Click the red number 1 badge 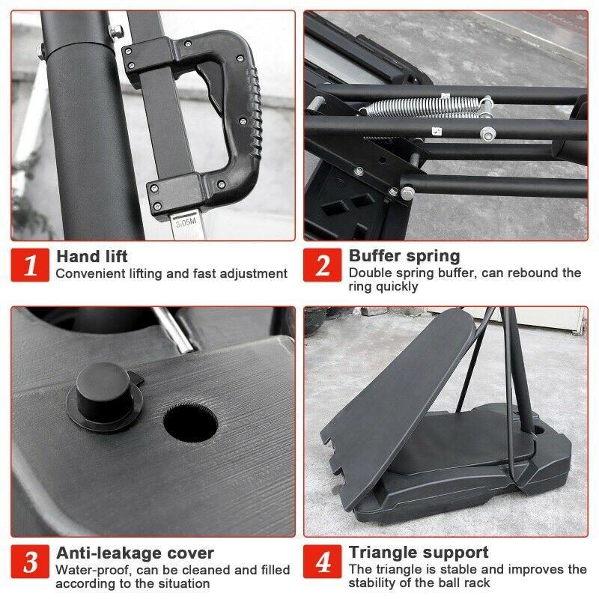tap(30, 265)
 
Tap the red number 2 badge tap(323, 265)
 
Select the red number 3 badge tap(30, 561)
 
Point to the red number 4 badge tap(323, 561)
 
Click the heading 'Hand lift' tap(91, 256)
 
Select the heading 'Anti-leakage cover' tap(135, 553)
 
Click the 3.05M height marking tap(186, 222)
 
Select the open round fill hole tap(191, 423)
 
